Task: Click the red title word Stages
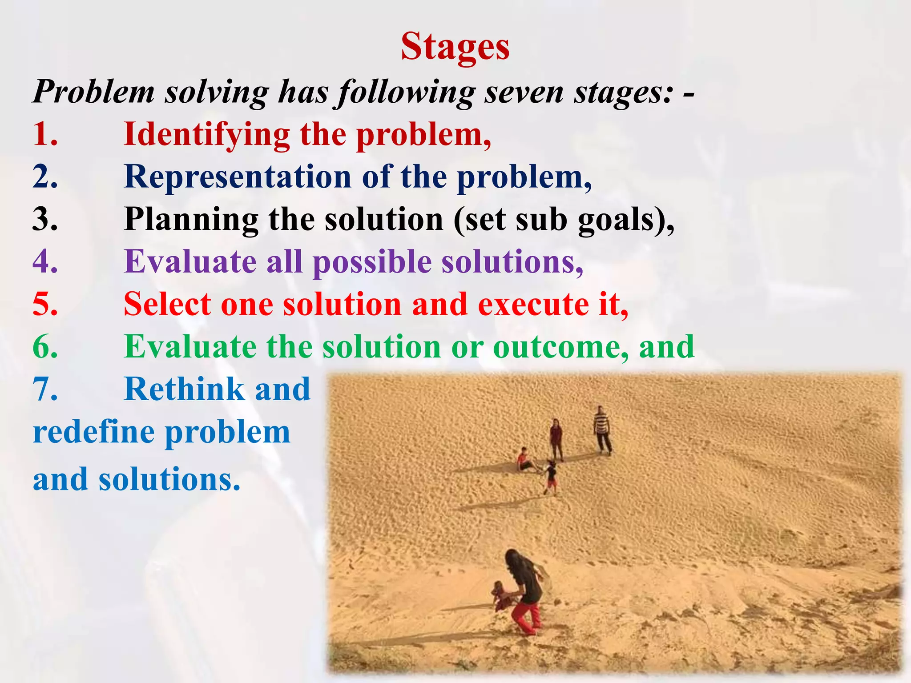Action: coord(455,47)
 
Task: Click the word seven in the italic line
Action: coord(523,92)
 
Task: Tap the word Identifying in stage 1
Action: coord(206,134)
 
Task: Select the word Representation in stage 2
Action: coord(238,177)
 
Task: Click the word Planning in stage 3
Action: coord(191,219)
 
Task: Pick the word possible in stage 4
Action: coord(372,261)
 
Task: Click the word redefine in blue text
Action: coord(93,432)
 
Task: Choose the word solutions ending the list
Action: coord(169,479)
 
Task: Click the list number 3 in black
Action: coord(45,219)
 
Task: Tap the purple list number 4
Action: coord(45,261)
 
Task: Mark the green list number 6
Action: coord(45,346)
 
